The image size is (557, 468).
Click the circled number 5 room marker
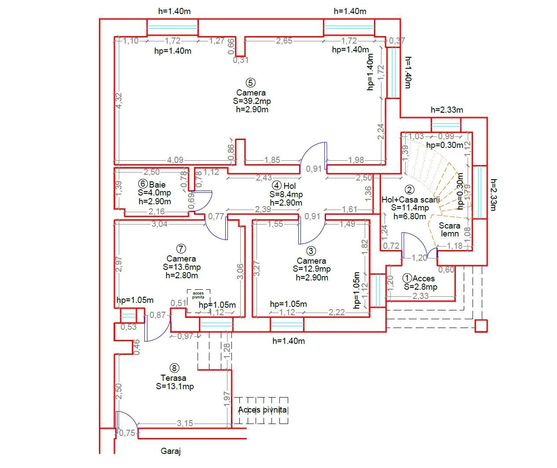coord(251,82)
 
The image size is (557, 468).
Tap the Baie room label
coord(158,184)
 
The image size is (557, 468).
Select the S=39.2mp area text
coord(252,101)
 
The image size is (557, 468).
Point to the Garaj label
coord(171,451)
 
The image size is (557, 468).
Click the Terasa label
coord(173,378)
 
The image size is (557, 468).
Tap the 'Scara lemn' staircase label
coord(450,229)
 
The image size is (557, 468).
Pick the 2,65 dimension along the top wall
coord(284,41)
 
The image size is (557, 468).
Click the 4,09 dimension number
coord(175,160)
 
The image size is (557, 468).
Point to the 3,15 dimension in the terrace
coord(185,423)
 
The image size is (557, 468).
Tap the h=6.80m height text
coord(409,216)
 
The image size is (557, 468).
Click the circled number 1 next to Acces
coord(407,278)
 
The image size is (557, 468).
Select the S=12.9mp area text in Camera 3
coord(311,269)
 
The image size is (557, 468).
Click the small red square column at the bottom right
coord(481,326)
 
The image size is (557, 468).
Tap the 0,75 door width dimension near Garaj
coord(127,433)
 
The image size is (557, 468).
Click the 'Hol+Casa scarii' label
coord(410,199)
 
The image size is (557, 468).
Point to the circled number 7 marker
coord(181,249)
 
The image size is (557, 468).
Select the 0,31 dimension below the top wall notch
coord(241,60)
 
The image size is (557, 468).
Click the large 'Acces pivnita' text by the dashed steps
coord(262,410)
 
